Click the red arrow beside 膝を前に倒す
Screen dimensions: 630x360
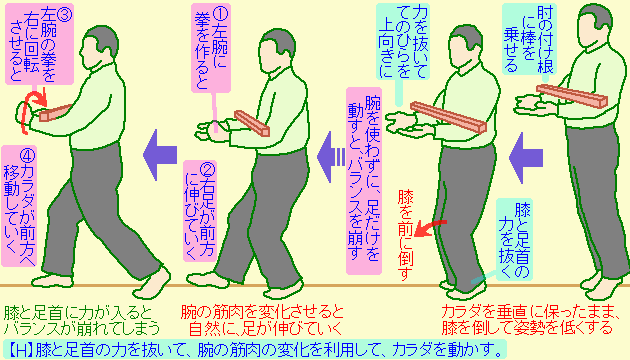pyautogui.click(x=430, y=227)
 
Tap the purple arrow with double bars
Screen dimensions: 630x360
pyautogui.click(x=331, y=157)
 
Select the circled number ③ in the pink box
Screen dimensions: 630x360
pyautogui.click(x=63, y=14)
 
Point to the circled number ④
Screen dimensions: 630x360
pyautogui.click(x=27, y=154)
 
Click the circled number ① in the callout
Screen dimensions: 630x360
pyautogui.click(x=219, y=15)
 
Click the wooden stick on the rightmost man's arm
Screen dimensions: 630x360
pyautogui.click(x=572, y=96)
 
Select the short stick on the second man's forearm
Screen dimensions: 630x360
pyautogui.click(x=252, y=123)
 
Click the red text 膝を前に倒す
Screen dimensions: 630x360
pyautogui.click(x=405, y=235)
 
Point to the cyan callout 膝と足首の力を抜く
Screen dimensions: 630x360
pyautogui.click(x=514, y=240)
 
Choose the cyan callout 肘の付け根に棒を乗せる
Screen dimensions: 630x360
pyautogui.click(x=529, y=39)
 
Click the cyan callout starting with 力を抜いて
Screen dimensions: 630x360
pyautogui.click(x=403, y=41)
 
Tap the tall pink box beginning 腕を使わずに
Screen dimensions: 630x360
pyautogui.click(x=364, y=181)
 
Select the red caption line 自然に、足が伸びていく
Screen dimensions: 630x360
pyautogui.click(x=266, y=328)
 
